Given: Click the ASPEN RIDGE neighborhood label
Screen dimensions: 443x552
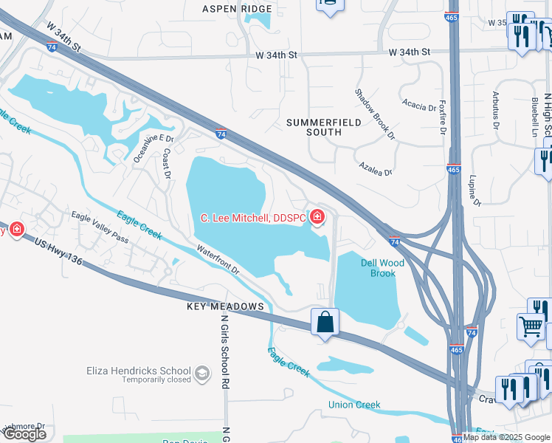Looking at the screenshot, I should pyautogui.click(x=236, y=9).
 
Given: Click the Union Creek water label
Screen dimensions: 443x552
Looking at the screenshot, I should pyautogui.click(x=354, y=405).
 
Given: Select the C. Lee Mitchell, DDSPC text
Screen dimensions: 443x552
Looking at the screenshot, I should pyautogui.click(x=253, y=218).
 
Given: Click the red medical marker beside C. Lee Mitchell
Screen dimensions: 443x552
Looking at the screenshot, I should pyautogui.click(x=317, y=217).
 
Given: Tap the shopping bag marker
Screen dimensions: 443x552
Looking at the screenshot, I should pyautogui.click(x=325, y=322).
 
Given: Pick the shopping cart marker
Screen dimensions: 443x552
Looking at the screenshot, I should pyautogui.click(x=531, y=326).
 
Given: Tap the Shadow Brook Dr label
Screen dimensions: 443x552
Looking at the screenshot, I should pyautogui.click(x=375, y=114).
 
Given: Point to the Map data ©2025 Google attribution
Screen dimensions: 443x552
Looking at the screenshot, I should pyautogui.click(x=507, y=437).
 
